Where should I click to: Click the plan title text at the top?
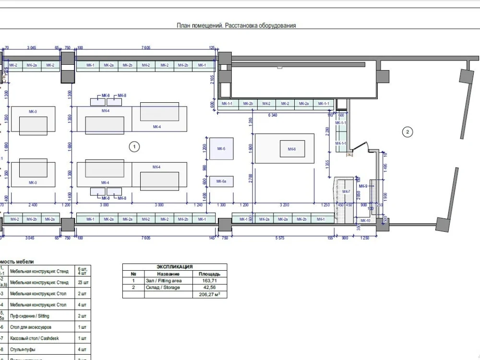[x=237, y=26]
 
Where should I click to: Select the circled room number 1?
[x=135, y=147]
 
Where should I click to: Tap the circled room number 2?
[x=407, y=132]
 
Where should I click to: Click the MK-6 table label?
[x=292, y=149]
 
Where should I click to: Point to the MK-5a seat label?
[x=221, y=181]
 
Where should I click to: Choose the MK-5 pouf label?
[x=221, y=149]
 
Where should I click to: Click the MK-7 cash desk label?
[x=347, y=192]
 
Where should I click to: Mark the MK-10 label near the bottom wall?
[x=365, y=220]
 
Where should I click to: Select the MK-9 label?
[x=363, y=186]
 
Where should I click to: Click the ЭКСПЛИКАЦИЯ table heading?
[x=175, y=266]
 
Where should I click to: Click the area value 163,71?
[x=209, y=281]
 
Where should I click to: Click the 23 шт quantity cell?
[x=82, y=282]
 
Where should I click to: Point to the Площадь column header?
[x=209, y=274]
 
